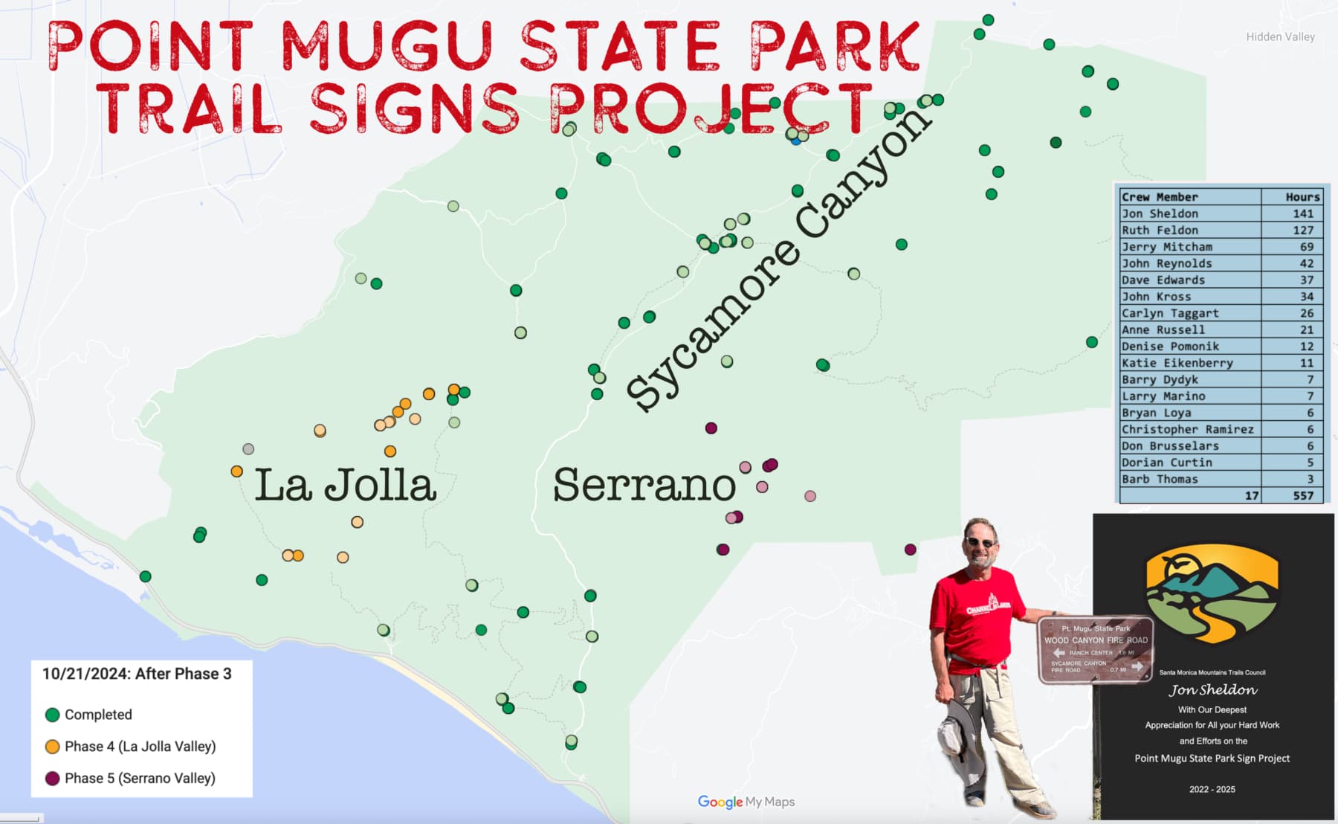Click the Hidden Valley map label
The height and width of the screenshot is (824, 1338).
(x=1280, y=36)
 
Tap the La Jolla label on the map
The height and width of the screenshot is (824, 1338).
(x=345, y=485)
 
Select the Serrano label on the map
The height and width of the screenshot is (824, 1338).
(x=644, y=485)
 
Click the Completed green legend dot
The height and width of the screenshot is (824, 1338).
(x=52, y=715)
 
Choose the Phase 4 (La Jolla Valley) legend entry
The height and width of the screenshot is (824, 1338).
(x=140, y=746)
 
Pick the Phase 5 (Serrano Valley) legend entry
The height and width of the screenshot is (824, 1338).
(x=140, y=778)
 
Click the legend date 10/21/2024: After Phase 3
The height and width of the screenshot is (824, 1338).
(x=137, y=674)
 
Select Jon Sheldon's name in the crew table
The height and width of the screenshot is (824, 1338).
(x=1160, y=213)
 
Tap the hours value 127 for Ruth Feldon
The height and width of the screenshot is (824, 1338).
(x=1302, y=230)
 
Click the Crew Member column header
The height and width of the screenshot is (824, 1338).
(x=1160, y=197)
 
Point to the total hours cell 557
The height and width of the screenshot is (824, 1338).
(x=1302, y=495)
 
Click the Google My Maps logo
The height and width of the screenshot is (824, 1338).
(x=746, y=802)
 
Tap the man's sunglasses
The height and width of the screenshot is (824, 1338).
(x=980, y=543)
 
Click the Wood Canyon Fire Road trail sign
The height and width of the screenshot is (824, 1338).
(x=1096, y=649)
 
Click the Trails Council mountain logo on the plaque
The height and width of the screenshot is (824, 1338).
(x=1212, y=596)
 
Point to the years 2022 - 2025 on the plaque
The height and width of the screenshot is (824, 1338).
(x=1212, y=789)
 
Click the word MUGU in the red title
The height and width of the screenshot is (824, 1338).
(x=387, y=46)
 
